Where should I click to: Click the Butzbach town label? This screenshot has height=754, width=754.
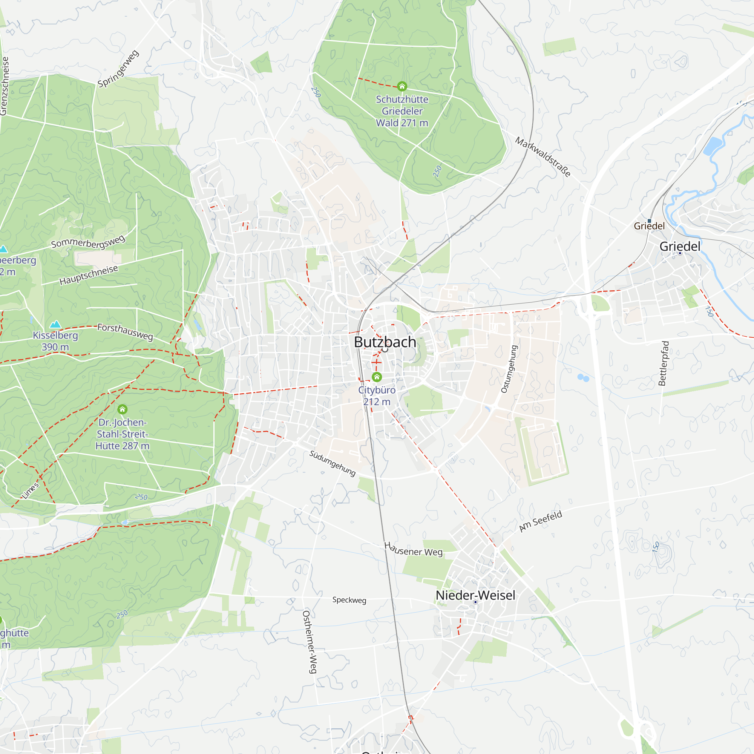click(385, 342)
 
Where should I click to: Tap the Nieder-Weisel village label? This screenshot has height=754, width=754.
click(475, 595)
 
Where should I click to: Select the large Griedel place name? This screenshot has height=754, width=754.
click(680, 246)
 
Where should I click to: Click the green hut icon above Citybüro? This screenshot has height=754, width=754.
click(377, 377)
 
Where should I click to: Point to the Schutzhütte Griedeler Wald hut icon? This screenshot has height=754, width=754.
click(402, 86)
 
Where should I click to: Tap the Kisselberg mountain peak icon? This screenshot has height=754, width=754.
click(55, 324)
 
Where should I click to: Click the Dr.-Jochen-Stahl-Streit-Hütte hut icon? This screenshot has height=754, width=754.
click(123, 409)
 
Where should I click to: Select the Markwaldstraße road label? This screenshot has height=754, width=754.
click(543, 156)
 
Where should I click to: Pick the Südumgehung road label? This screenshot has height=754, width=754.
click(333, 463)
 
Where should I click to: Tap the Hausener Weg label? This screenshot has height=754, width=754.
click(413, 549)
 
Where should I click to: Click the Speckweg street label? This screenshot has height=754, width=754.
click(349, 600)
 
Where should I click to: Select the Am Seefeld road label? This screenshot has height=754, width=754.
click(541, 521)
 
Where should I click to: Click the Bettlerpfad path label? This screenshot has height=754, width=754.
click(664, 363)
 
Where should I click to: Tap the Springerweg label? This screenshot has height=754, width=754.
click(118, 69)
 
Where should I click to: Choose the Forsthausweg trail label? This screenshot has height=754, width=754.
click(125, 332)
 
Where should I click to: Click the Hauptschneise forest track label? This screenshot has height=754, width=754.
click(89, 275)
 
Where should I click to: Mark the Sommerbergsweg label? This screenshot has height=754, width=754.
click(88, 242)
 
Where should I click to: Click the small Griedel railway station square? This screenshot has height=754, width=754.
click(650, 221)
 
